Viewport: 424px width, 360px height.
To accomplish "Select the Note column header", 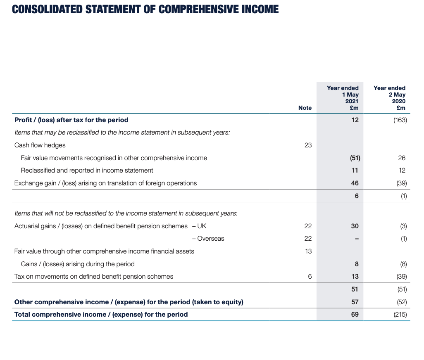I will coord(305,108).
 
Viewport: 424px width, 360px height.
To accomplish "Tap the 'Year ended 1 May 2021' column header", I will coord(343,98).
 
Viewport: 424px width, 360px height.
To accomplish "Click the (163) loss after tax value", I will coord(400,120).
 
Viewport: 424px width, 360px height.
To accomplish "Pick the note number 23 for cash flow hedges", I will coord(308,145).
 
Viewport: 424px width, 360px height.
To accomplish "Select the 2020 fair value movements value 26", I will coord(402,158).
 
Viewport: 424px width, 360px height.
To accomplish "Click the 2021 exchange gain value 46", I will coord(355,183).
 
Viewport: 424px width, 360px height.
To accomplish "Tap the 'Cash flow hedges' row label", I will coord(40,145).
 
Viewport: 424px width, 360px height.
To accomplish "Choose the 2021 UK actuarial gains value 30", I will coord(355,226).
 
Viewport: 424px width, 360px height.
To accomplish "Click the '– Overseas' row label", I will coord(208,238).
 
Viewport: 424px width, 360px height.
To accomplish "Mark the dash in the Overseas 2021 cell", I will coord(357,238).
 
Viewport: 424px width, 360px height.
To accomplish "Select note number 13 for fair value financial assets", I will coord(308,251).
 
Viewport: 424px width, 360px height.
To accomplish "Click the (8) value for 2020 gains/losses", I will coord(403,264).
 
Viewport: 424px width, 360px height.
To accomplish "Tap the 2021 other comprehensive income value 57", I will coord(355,302).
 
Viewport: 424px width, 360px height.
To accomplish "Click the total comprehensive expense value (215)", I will coord(400,315).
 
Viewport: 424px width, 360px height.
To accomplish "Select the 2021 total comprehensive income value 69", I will coord(355,315).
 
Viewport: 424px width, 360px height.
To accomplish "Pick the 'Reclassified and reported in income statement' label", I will coord(87,170).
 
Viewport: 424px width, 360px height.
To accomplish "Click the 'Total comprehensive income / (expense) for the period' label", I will coord(101,315).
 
